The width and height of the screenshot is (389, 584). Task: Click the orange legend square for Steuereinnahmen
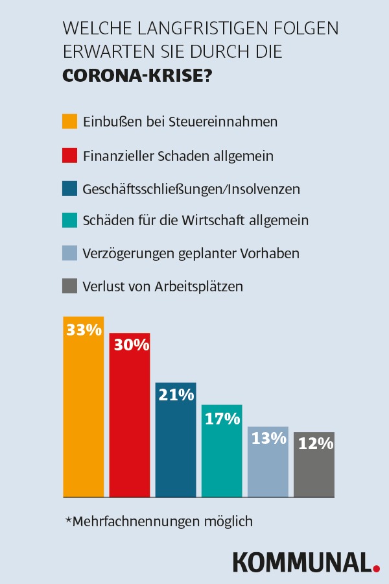point(70,121)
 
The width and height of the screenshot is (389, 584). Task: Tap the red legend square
point(70,156)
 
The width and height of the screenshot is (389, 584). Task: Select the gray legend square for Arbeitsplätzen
point(70,286)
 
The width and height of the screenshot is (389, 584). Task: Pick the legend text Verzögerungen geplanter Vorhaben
point(191,253)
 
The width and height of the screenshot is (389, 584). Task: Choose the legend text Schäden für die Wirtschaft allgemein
point(195,221)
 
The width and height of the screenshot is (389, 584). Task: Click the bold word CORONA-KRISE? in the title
point(137,75)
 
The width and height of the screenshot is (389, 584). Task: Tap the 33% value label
point(84,330)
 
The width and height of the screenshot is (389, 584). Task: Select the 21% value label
point(176,395)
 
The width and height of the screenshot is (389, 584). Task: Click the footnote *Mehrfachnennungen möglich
point(159,521)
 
